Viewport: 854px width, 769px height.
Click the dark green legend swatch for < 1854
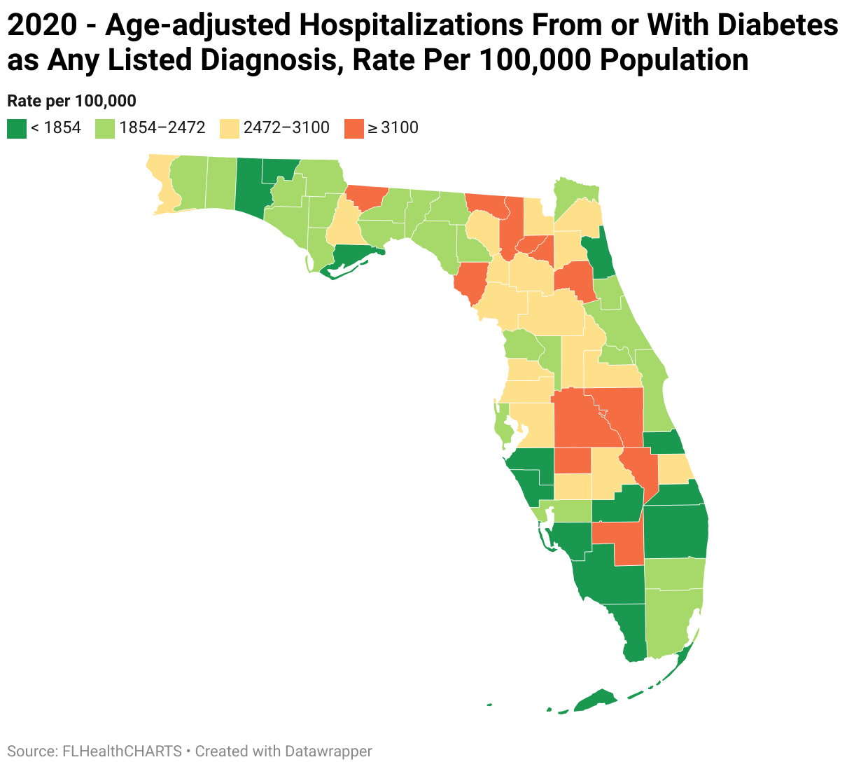pos(17,128)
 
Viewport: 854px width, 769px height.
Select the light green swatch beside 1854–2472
pos(105,128)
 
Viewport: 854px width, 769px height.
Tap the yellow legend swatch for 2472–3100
pos(230,128)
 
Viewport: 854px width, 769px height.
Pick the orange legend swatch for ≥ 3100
pos(354,128)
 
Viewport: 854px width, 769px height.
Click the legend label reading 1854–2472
pos(162,127)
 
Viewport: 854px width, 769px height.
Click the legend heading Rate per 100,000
pos(71,101)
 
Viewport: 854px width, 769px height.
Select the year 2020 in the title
pos(41,27)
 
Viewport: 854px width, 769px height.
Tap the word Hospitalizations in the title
pos(412,27)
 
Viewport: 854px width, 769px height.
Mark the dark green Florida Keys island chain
pos(595,700)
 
